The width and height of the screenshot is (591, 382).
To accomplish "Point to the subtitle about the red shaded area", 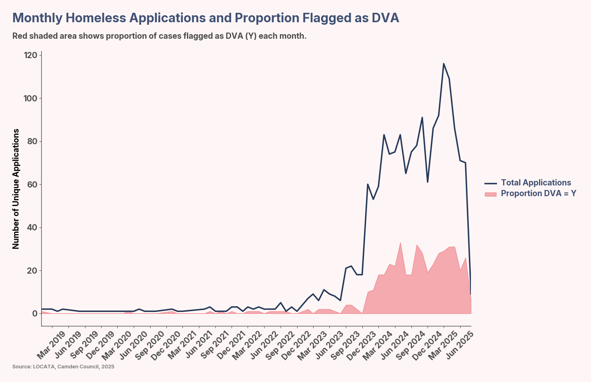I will click(x=159, y=36).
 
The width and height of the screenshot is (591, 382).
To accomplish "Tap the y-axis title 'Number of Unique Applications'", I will click(x=16, y=189).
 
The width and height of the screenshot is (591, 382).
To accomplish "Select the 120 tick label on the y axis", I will click(x=31, y=55).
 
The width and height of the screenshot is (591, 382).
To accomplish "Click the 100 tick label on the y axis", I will click(x=31, y=98).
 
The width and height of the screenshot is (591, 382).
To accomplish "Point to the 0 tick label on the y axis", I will click(x=35, y=314).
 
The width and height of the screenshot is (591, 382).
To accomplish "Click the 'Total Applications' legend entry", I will click(x=536, y=183).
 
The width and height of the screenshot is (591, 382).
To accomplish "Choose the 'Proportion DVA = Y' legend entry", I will click(x=538, y=193).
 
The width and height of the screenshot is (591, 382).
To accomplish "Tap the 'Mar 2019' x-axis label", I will click(x=51, y=346).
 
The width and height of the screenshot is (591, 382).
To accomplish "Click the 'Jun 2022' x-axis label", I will click(x=263, y=346).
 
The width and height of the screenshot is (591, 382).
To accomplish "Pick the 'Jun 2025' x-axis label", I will click(x=459, y=346).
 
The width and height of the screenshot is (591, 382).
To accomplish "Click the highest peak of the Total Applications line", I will click(x=444, y=64).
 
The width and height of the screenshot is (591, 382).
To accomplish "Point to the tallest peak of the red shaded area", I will click(x=400, y=242).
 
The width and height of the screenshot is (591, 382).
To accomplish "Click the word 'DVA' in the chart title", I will click(x=385, y=18).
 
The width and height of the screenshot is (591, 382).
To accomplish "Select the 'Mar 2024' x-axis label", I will click(x=377, y=346).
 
